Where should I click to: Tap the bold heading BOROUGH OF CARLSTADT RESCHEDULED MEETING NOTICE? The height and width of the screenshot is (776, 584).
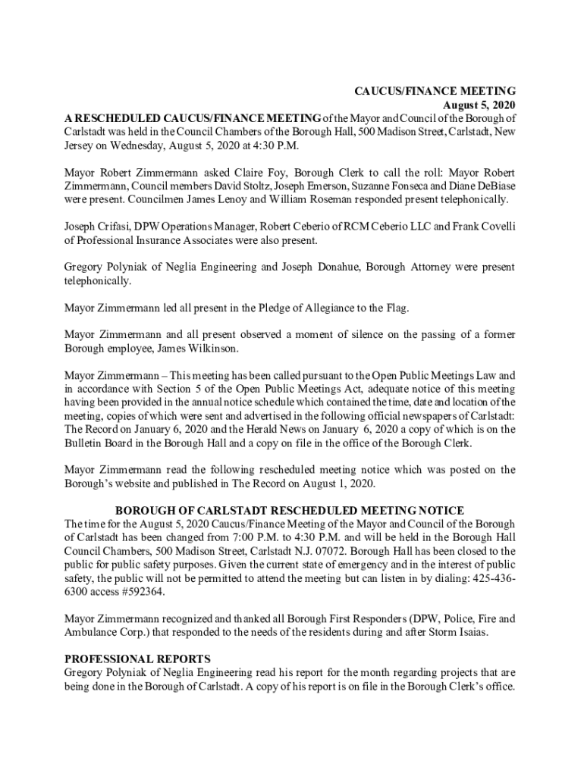click(289, 511)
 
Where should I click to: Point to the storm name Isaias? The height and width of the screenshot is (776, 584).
click(456, 632)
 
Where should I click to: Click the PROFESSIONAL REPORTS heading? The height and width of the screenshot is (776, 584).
click(137, 659)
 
